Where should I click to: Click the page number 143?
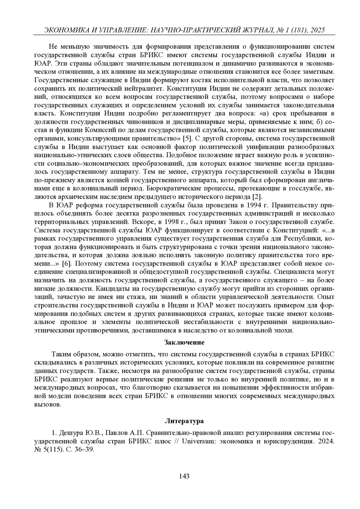[x=184, y=476]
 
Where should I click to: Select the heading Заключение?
[x=184, y=342]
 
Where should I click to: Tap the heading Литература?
[x=184, y=421]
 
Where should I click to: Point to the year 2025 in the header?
[x=317, y=30]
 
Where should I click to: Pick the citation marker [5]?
[x=187, y=138]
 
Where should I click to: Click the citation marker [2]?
[x=257, y=197]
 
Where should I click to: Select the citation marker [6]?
[x=66, y=263]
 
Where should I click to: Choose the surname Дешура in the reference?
[x=71, y=433]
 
